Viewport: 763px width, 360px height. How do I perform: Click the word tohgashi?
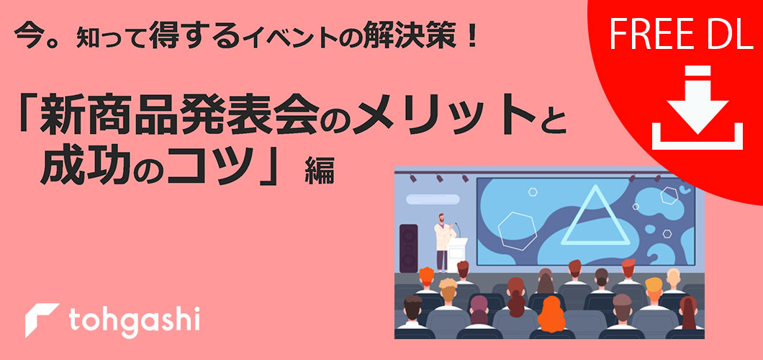click(x=135, y=322)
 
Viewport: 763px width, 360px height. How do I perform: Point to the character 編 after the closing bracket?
click(x=320, y=171)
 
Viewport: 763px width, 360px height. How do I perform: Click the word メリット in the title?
click(x=443, y=118)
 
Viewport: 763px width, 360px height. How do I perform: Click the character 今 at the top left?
click(x=27, y=36)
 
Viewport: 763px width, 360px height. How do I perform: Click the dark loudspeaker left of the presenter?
click(x=408, y=248)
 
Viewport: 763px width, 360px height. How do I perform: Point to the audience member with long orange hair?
click(x=552, y=314)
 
